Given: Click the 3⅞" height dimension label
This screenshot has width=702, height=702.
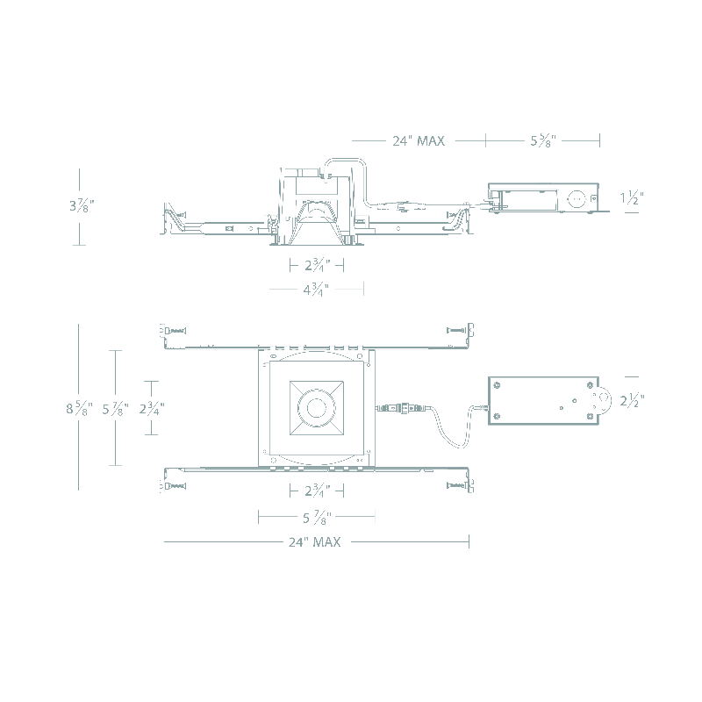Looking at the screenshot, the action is coord(82,205).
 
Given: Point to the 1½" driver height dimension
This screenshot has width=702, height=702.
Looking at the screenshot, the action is coord(632,197).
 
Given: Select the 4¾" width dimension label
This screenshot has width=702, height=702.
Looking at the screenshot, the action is coord(316,290).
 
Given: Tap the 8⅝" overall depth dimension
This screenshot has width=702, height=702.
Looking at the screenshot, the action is coord(79,408).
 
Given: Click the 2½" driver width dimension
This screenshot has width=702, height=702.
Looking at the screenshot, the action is coord(632,400).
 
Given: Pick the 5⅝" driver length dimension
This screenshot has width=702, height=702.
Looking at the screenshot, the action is coord(543,140).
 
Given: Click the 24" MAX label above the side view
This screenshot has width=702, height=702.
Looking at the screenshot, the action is coord(419,140).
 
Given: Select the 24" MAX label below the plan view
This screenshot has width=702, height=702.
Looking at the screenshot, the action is coord(314,541).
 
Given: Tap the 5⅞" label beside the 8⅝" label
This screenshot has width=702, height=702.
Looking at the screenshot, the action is coord(116,408).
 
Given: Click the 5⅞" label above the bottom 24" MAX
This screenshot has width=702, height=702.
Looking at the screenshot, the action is coord(317,518).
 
